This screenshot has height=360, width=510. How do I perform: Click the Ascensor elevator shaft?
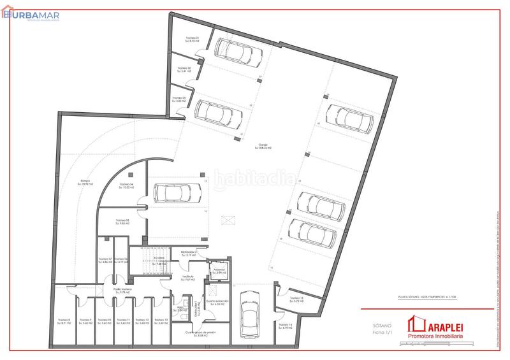tap(219, 271)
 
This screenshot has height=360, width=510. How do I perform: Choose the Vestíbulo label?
tap(187, 278)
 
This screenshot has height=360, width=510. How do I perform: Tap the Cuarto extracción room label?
tap(217, 304)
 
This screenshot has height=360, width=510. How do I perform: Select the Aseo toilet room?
tap(180, 308)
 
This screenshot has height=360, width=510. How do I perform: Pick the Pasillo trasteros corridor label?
tap(122, 291)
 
